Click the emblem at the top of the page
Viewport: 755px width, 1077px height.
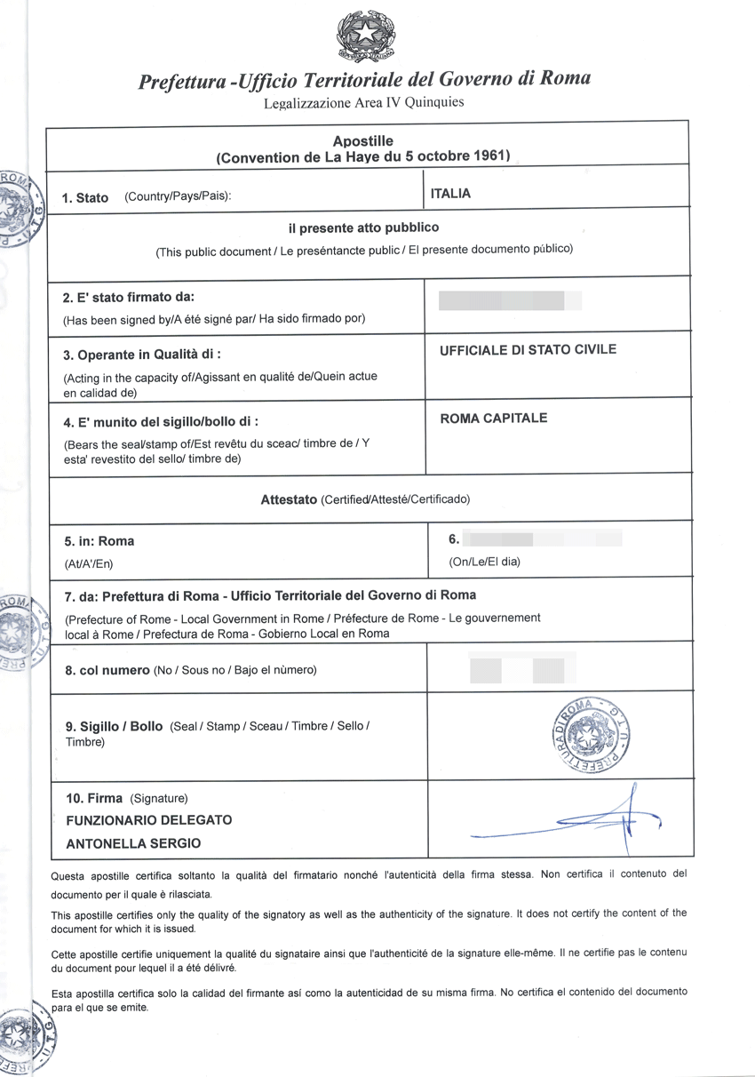[366, 36]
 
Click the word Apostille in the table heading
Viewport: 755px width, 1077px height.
[362, 141]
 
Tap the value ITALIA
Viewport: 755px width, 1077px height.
[450, 194]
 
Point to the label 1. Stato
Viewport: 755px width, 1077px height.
[85, 197]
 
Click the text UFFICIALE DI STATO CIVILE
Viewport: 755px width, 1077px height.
[528, 349]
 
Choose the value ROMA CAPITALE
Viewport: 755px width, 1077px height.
[494, 418]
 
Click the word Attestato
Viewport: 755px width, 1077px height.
[289, 499]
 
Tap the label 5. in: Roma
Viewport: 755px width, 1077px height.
[99, 541]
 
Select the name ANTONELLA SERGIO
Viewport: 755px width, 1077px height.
[133, 843]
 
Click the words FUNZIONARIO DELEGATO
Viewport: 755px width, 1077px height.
[149, 819]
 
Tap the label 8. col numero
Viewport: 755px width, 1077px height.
[107, 670]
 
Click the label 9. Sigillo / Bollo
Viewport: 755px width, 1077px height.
[114, 726]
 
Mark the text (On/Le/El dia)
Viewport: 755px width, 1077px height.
[485, 562]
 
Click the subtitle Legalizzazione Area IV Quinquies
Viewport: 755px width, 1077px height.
[363, 102]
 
